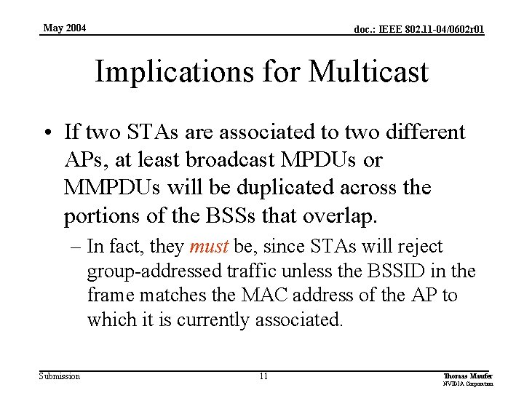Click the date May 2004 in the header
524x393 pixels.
(64, 28)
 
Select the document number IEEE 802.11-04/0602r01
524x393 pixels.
(418, 30)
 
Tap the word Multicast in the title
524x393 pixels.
(368, 72)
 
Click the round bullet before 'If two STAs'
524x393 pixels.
(48, 133)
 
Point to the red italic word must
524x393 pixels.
(209, 247)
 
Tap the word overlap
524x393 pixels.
(345, 216)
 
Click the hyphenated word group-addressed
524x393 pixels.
(150, 271)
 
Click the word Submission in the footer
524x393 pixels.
(60, 376)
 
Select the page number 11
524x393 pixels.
(263, 376)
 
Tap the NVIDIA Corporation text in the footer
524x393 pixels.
(468, 384)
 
